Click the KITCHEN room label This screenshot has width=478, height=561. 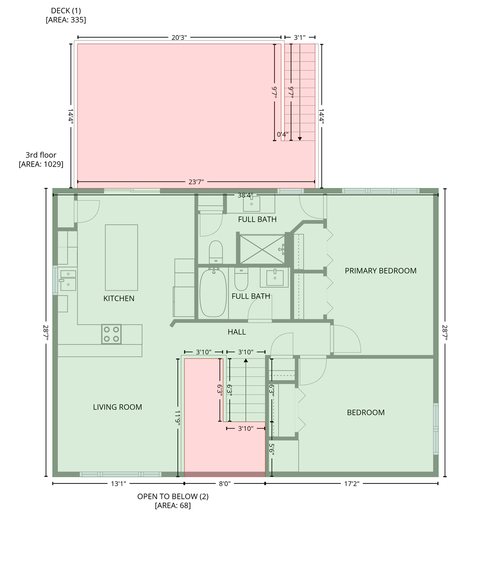(119, 298)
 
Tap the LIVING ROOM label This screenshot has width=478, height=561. (117, 407)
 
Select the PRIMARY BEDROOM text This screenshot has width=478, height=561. (381, 270)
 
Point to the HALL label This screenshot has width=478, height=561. (237, 332)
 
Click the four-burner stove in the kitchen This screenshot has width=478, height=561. (112, 334)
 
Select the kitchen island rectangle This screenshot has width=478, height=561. (121, 258)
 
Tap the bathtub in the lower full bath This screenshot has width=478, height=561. (213, 293)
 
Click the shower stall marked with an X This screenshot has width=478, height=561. (262, 249)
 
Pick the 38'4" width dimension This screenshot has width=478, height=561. (246, 195)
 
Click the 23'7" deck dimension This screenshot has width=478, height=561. (196, 182)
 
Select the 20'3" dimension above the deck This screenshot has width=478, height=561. (179, 37)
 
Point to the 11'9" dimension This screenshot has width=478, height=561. (178, 418)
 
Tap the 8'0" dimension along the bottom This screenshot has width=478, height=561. (225, 484)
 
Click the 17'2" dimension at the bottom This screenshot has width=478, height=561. (351, 484)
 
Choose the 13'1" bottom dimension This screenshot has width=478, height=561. (119, 484)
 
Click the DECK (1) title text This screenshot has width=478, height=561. (66, 11)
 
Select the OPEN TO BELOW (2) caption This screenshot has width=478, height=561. (173, 497)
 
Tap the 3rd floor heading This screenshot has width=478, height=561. (41, 155)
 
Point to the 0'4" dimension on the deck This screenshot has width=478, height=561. (282, 135)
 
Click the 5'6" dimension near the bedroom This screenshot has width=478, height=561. (272, 450)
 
